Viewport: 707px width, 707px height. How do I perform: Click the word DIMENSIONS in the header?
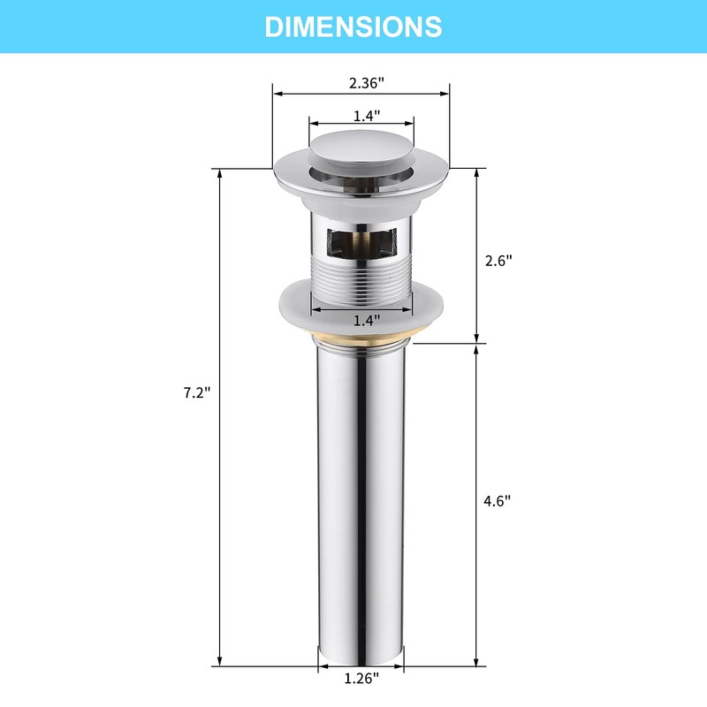(x=353, y=27)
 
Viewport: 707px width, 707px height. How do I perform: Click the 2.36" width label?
(x=367, y=83)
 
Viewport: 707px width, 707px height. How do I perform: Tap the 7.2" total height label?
(x=196, y=392)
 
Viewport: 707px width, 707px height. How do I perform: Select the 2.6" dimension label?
(x=498, y=261)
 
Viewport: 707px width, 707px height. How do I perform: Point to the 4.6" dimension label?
(x=498, y=501)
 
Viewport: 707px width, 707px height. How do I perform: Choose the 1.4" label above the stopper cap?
(x=366, y=116)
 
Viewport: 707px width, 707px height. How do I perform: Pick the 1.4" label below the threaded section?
(x=366, y=321)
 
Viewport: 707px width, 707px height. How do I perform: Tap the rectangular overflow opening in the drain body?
(x=361, y=245)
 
